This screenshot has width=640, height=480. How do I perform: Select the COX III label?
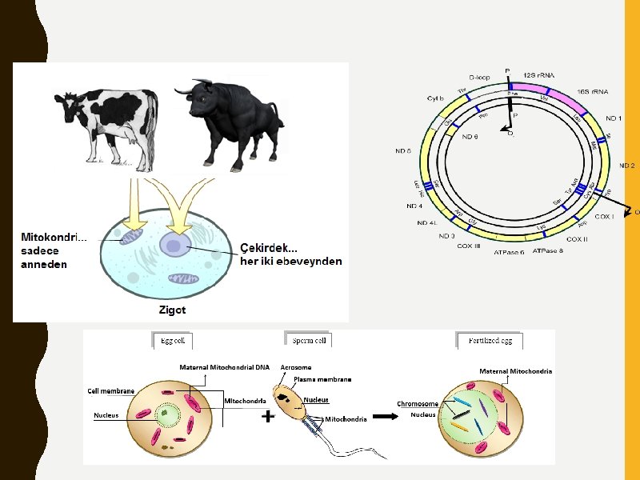[x=469, y=246]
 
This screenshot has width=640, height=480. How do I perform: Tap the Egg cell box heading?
[x=173, y=340]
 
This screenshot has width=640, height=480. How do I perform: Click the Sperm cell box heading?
[x=308, y=340]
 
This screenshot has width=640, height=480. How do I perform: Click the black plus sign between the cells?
[x=268, y=417]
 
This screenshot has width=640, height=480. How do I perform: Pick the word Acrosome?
[x=296, y=368]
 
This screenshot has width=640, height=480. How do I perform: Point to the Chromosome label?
[x=418, y=404]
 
